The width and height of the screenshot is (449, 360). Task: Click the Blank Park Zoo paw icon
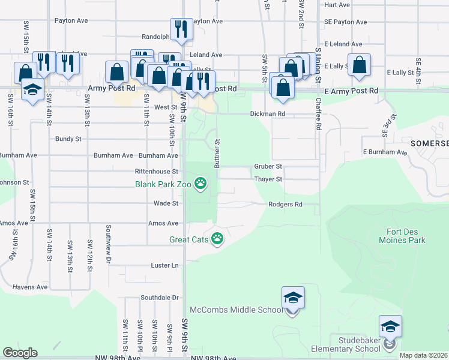[200, 184]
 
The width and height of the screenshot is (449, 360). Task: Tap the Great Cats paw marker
[217, 239]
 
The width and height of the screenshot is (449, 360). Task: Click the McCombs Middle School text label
[236, 310]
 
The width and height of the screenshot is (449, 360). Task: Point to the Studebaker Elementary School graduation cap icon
[390, 327]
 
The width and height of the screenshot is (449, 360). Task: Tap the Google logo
[20, 353]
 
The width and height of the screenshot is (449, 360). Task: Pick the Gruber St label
[268, 166]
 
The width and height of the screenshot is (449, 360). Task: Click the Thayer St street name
[268, 179]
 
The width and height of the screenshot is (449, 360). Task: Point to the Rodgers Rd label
[285, 204]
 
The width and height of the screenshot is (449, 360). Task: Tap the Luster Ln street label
[166, 265]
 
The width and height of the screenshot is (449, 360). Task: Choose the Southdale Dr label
[160, 297]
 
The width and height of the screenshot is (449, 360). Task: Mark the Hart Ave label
[336, 5]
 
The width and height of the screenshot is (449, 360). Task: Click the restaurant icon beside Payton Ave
[181, 29]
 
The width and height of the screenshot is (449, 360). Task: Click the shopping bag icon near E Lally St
[358, 66]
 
